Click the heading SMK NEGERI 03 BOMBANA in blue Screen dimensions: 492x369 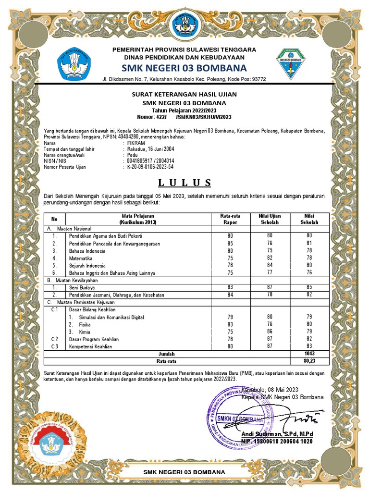(x=184, y=67)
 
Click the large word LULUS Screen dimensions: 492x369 (x=184, y=183)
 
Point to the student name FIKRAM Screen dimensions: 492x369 (x=136, y=143)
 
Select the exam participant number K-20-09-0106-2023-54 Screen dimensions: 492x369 (x=150, y=167)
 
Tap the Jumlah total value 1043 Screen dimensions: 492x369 (x=309, y=354)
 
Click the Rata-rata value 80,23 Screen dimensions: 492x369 (x=309, y=360)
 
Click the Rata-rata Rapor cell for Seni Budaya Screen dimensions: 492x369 (x=230, y=287)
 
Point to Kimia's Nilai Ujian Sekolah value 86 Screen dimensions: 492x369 (x=270, y=332)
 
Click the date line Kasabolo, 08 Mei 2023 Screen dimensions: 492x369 (x=271, y=389)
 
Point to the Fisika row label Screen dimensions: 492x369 (x=85, y=325)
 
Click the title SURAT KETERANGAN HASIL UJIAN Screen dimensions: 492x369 (x=184, y=94)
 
